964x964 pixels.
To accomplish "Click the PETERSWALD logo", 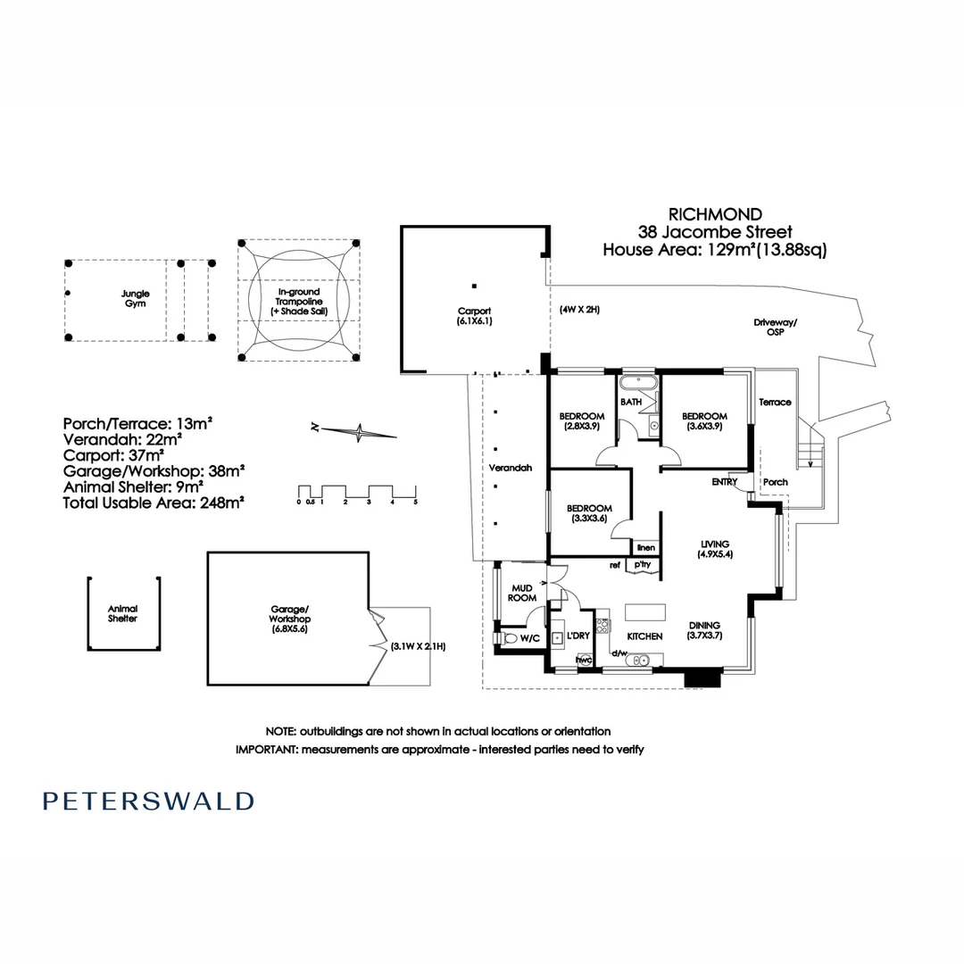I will pos(148,801).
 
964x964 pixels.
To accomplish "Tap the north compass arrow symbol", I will pos(359,432).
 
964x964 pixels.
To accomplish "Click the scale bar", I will pos(357,493).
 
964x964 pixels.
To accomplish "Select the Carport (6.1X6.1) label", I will pos(475,316).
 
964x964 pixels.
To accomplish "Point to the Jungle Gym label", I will pos(136,298).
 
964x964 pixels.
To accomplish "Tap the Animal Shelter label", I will pos(123,613).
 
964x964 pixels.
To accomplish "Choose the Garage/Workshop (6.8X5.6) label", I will pos(290,618).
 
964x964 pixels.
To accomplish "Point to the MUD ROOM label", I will pos(521,593).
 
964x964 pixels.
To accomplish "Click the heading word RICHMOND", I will pos(716,214).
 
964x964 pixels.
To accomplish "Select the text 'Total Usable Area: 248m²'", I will pos(154,503).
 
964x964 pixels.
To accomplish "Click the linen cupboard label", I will pos(645,547).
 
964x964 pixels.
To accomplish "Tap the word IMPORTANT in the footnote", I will pos(266,750).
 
